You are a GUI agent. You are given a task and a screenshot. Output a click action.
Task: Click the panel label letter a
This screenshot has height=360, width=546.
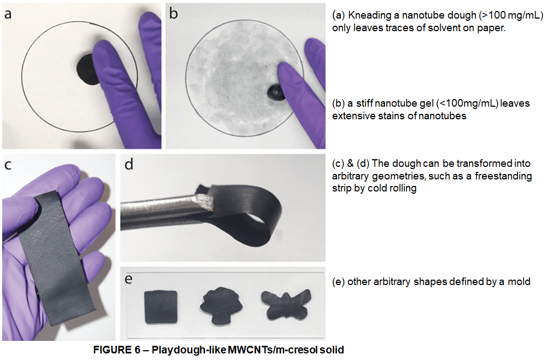click(x=7, y=14)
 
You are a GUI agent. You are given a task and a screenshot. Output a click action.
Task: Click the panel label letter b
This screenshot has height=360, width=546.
click(x=173, y=13)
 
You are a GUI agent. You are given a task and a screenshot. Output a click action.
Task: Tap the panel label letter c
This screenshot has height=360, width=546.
click(x=8, y=165)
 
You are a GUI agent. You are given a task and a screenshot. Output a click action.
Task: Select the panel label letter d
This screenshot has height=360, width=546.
click(x=129, y=164)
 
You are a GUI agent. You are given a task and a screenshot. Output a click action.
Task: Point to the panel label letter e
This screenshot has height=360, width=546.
click(x=129, y=279)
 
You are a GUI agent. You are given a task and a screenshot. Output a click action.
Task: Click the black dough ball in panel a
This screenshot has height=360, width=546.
click(x=87, y=69)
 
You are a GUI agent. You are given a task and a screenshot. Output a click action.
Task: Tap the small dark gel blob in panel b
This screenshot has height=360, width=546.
click(x=275, y=92)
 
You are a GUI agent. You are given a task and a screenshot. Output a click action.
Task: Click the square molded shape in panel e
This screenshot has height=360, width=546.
click(x=161, y=307)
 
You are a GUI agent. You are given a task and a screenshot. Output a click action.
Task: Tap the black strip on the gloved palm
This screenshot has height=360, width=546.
click(x=56, y=258)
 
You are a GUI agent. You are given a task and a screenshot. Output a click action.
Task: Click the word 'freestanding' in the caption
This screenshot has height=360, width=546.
click(x=503, y=176)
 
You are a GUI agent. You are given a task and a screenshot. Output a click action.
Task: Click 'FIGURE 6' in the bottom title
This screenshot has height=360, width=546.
click(x=117, y=350)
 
